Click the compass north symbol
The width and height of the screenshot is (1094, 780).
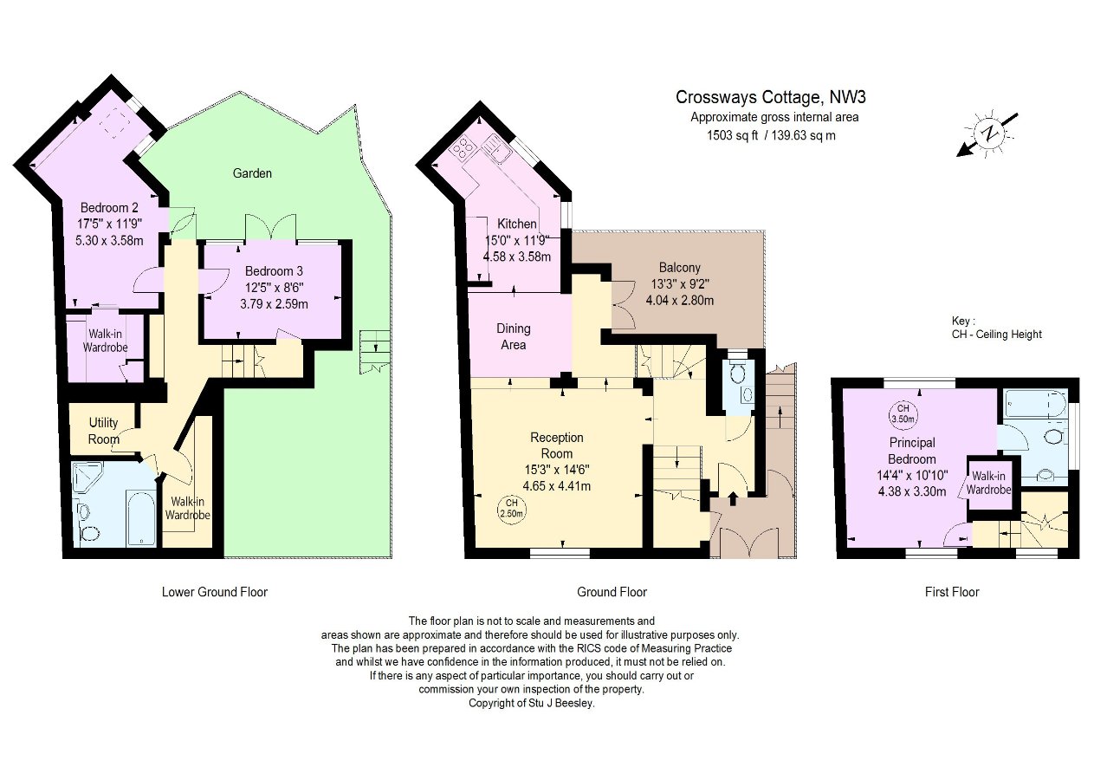[x=988, y=133]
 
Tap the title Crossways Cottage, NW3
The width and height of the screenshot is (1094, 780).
[x=770, y=97]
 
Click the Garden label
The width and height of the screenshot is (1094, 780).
[x=252, y=173]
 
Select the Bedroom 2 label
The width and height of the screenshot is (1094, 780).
[x=109, y=208]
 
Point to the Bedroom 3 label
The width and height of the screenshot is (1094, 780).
[x=274, y=270]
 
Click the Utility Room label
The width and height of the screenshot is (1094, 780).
[x=104, y=431]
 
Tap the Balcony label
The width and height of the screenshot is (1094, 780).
[x=679, y=267]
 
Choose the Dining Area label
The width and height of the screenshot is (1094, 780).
[x=514, y=337]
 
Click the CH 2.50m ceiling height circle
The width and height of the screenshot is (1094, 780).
[x=511, y=510]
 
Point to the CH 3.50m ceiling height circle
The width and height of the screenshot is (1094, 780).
[x=903, y=414]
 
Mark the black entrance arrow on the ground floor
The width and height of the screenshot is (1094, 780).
[x=733, y=498]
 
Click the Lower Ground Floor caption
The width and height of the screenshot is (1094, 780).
[x=215, y=592]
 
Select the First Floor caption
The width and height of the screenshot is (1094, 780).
[x=952, y=592]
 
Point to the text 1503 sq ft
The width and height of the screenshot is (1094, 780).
[x=732, y=135]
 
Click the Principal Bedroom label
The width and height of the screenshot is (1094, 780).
[x=912, y=451]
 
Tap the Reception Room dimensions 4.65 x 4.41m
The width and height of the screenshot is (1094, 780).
[x=556, y=486]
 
